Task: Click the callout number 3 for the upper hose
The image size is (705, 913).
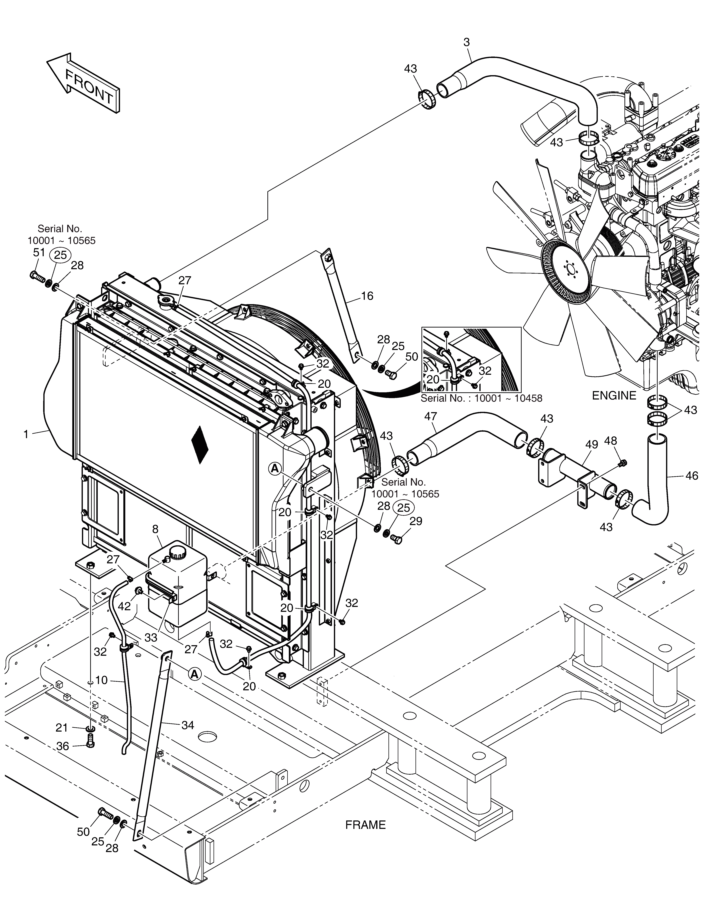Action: coord(467,42)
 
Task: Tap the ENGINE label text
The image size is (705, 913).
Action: coord(614,395)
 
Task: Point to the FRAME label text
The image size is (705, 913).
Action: coord(365,825)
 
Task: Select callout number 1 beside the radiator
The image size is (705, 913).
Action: coord(26,434)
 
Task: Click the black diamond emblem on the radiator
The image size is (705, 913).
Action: coord(200,445)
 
